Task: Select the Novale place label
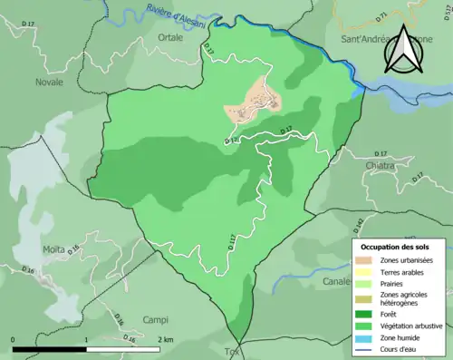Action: (49, 82)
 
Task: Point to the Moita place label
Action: (54, 248)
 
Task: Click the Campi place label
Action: (156, 320)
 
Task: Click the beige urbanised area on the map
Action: (255, 100)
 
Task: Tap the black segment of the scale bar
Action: (50, 349)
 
